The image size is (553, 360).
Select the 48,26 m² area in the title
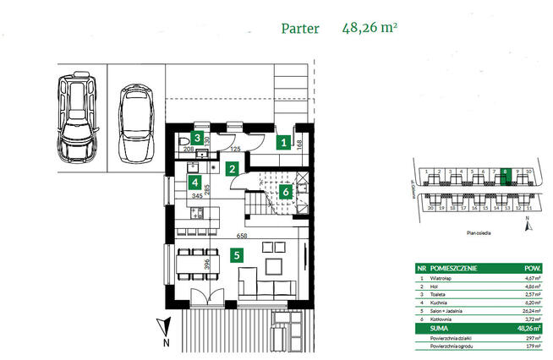point(370,28)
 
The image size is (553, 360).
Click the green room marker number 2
point(231,168)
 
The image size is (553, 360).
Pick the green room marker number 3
point(197,138)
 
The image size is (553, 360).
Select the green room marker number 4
point(194,182)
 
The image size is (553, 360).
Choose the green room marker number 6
point(286,191)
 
